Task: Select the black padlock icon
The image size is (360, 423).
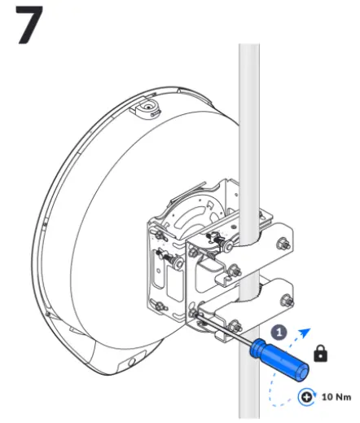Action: [x=321, y=354]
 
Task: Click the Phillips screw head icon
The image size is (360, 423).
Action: [x=308, y=398]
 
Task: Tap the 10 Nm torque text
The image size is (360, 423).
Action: [x=336, y=398]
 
